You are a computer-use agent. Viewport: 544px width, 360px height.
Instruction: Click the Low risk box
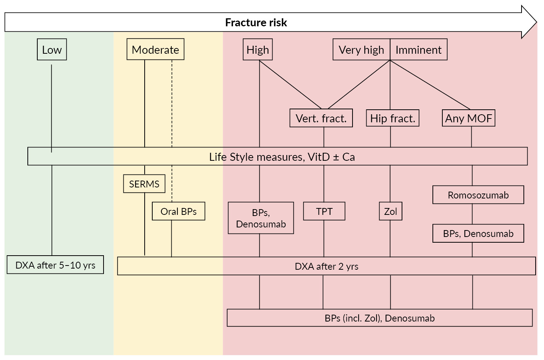pos(52,50)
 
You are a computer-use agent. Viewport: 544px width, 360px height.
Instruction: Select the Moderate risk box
pos(155,50)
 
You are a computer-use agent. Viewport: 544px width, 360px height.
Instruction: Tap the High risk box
pos(258,50)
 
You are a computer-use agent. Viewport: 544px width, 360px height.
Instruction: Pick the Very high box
pos(361,50)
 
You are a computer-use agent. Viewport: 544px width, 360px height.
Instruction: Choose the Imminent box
pos(418,50)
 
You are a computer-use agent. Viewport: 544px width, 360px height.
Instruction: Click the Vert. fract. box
pos(321,118)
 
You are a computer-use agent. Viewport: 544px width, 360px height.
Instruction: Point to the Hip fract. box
pos(392,118)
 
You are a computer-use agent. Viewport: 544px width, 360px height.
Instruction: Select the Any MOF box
pos(469,118)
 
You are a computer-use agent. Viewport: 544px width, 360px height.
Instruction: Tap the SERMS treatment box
pos(144,184)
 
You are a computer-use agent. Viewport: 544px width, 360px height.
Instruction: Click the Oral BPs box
pos(179,211)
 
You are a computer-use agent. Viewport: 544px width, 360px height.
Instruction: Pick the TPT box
pos(324,211)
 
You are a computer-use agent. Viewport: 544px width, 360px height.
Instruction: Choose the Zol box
pos(391,211)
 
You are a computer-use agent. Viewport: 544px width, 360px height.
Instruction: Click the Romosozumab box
pos(478,195)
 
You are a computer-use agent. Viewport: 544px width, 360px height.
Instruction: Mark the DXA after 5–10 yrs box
pos(55,265)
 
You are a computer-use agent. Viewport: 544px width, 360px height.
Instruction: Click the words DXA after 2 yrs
pos(326,266)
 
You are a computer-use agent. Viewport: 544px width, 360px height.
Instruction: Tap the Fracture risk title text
pos(256,22)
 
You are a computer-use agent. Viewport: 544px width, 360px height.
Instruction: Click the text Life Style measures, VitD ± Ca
pos(282,157)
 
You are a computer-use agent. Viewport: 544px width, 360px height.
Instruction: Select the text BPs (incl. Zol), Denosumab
pos(380,318)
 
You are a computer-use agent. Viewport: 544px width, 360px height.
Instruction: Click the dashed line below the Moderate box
pos(172,103)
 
